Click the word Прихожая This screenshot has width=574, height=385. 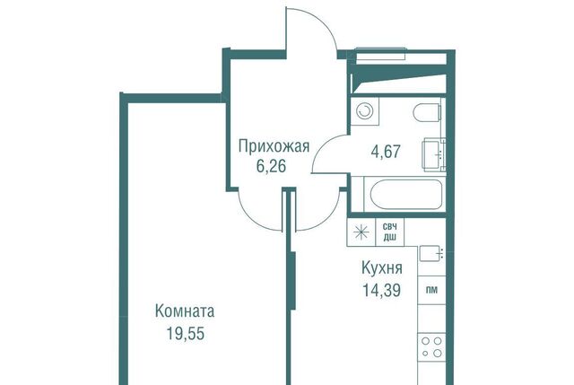pos(274,146)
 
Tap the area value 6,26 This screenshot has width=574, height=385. pos(271,166)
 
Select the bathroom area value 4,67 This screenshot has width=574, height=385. pos(386,152)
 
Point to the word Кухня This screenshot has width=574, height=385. pos(382,268)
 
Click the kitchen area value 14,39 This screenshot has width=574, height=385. pos(381,291)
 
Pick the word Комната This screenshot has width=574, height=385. pos(185,311)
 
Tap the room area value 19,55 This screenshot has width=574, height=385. pos(186,333)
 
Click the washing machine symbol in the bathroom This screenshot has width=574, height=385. pos(365,111)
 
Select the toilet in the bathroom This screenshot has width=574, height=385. pos(427,112)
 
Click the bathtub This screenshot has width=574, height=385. pos(405,194)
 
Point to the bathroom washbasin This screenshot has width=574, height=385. pos(434,154)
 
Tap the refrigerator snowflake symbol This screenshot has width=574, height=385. pos(361,232)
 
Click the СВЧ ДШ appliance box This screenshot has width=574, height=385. pos(390,232)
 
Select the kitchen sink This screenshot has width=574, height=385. pos(431,253)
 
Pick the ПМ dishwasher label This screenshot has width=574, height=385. pos(432,290)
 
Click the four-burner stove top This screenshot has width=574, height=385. pos(432,347)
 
